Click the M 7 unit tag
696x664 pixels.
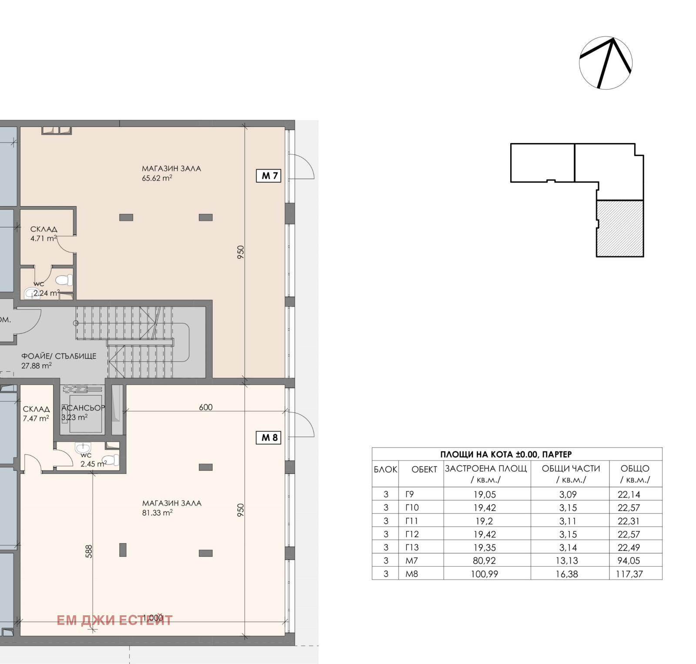pyautogui.click(x=269, y=176)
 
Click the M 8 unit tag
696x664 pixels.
pyautogui.click(x=269, y=437)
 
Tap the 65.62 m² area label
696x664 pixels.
pyautogui.click(x=157, y=178)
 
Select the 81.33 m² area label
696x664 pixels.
pyautogui.click(x=157, y=513)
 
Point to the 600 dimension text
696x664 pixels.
pyautogui.click(x=206, y=407)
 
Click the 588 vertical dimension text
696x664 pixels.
pyautogui.click(x=89, y=551)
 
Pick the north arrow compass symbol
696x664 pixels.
pyautogui.click(x=606, y=63)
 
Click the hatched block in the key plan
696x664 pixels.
pyautogui.click(x=620, y=228)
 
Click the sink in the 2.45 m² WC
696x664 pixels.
pyautogui.click(x=83, y=447)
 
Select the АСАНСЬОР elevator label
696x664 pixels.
pyautogui.click(x=83, y=408)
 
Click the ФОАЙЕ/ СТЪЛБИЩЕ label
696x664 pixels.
pyautogui.click(x=59, y=356)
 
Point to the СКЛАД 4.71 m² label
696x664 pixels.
pyautogui.click(x=43, y=234)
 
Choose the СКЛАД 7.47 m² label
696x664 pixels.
pyautogui.click(x=36, y=414)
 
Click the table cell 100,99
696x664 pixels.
pyautogui.click(x=484, y=574)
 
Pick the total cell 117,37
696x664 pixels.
pyautogui.click(x=629, y=574)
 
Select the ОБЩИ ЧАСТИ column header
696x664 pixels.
pyautogui.click(x=571, y=469)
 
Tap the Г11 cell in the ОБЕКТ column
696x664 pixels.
pyautogui.click(x=412, y=521)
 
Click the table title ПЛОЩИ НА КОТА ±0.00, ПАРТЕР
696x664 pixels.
pyautogui.click(x=506, y=454)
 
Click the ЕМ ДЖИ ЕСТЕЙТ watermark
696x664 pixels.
pyautogui.click(x=114, y=620)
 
